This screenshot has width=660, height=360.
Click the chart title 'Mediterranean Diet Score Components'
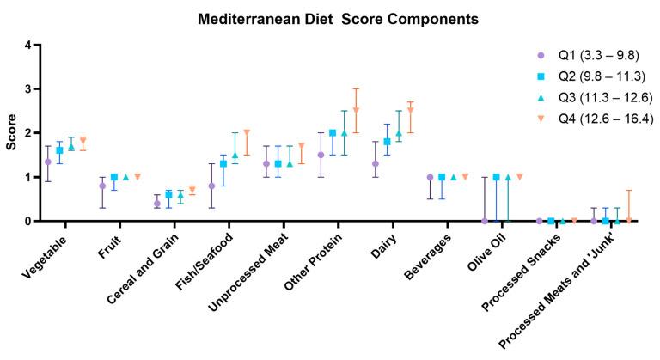(x=331, y=18)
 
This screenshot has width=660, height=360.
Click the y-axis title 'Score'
(x=11, y=133)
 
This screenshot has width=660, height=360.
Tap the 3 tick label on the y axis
(x=28, y=88)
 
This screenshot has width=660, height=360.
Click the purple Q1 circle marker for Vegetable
(x=48, y=162)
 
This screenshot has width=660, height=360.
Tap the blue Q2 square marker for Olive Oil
(x=497, y=177)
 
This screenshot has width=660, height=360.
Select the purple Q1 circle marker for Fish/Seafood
(x=211, y=186)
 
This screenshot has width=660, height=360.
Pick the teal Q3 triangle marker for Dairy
(x=399, y=133)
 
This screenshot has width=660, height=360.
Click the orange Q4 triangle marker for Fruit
(x=137, y=177)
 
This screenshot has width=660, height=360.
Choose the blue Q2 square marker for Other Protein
(x=332, y=133)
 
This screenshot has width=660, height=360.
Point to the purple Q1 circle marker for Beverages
(x=431, y=177)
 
